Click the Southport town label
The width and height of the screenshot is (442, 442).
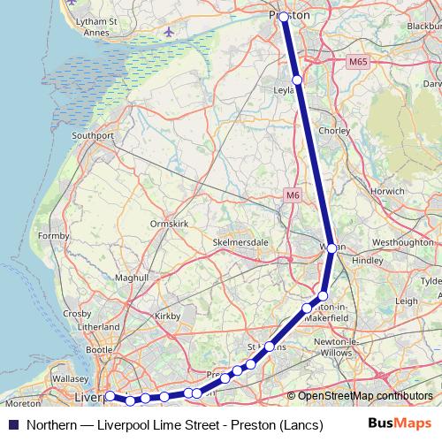click(93, 136)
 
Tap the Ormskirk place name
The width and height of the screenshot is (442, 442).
click(171, 224)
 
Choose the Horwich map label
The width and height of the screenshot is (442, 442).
click(388, 191)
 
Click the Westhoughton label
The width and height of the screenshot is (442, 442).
click(403, 241)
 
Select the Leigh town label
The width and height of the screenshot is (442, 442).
click(406, 301)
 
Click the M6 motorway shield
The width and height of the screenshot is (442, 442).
click(293, 194)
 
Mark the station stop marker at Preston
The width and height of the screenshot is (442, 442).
click(283, 17)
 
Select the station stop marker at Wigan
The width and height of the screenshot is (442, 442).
click(331, 249)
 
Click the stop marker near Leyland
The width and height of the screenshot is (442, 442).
click(297, 80)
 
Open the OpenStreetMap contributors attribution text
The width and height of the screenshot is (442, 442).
click(365, 396)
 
